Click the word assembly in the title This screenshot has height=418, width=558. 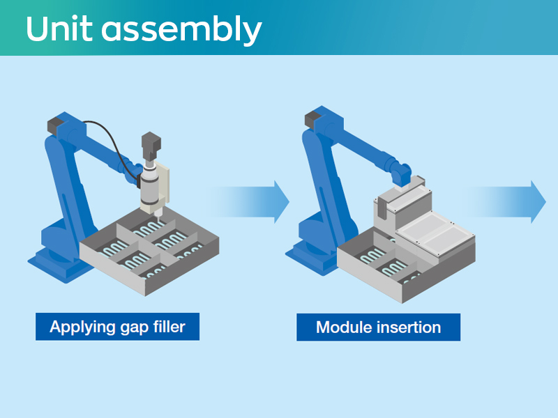point(181,30)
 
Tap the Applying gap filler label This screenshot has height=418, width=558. point(117,326)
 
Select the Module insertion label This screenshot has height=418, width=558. point(378,327)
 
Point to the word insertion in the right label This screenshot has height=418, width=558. point(407,327)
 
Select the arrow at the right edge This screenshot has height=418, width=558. point(516,202)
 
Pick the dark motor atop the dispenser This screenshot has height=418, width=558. point(151,144)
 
